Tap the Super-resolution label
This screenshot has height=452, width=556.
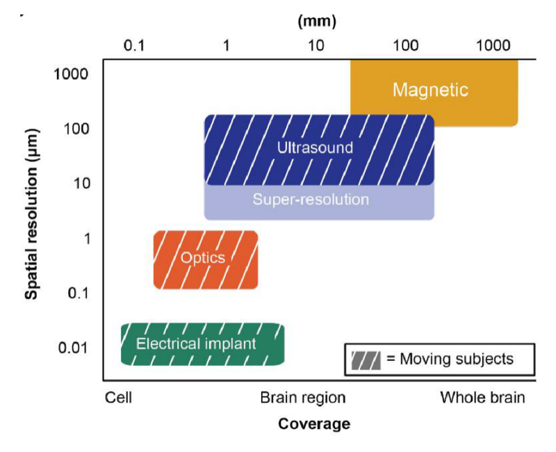pyautogui.click(x=311, y=200)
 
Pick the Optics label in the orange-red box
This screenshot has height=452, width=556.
pyautogui.click(x=203, y=258)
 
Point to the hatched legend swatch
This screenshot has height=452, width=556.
pyautogui.click(x=366, y=360)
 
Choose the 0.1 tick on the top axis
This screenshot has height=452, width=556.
pyautogui.click(x=133, y=46)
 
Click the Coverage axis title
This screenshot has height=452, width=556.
pyautogui.click(x=314, y=423)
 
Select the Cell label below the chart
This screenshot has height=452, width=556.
pyautogui.click(x=119, y=398)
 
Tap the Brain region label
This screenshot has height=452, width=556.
pyautogui.click(x=302, y=398)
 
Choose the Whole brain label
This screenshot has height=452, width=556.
pyautogui.click(x=482, y=398)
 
